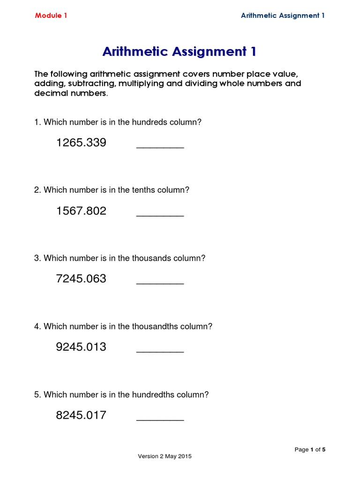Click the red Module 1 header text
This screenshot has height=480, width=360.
(51, 15)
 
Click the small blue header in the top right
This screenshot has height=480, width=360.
(283, 15)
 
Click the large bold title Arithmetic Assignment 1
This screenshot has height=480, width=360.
(180, 52)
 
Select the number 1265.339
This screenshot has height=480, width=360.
(81, 142)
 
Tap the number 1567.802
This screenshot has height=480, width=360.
(81, 211)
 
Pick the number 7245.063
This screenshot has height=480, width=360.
(81, 279)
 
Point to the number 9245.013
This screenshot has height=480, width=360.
(81, 347)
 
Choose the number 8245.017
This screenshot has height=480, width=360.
(81, 415)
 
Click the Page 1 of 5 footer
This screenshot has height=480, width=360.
(310, 450)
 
